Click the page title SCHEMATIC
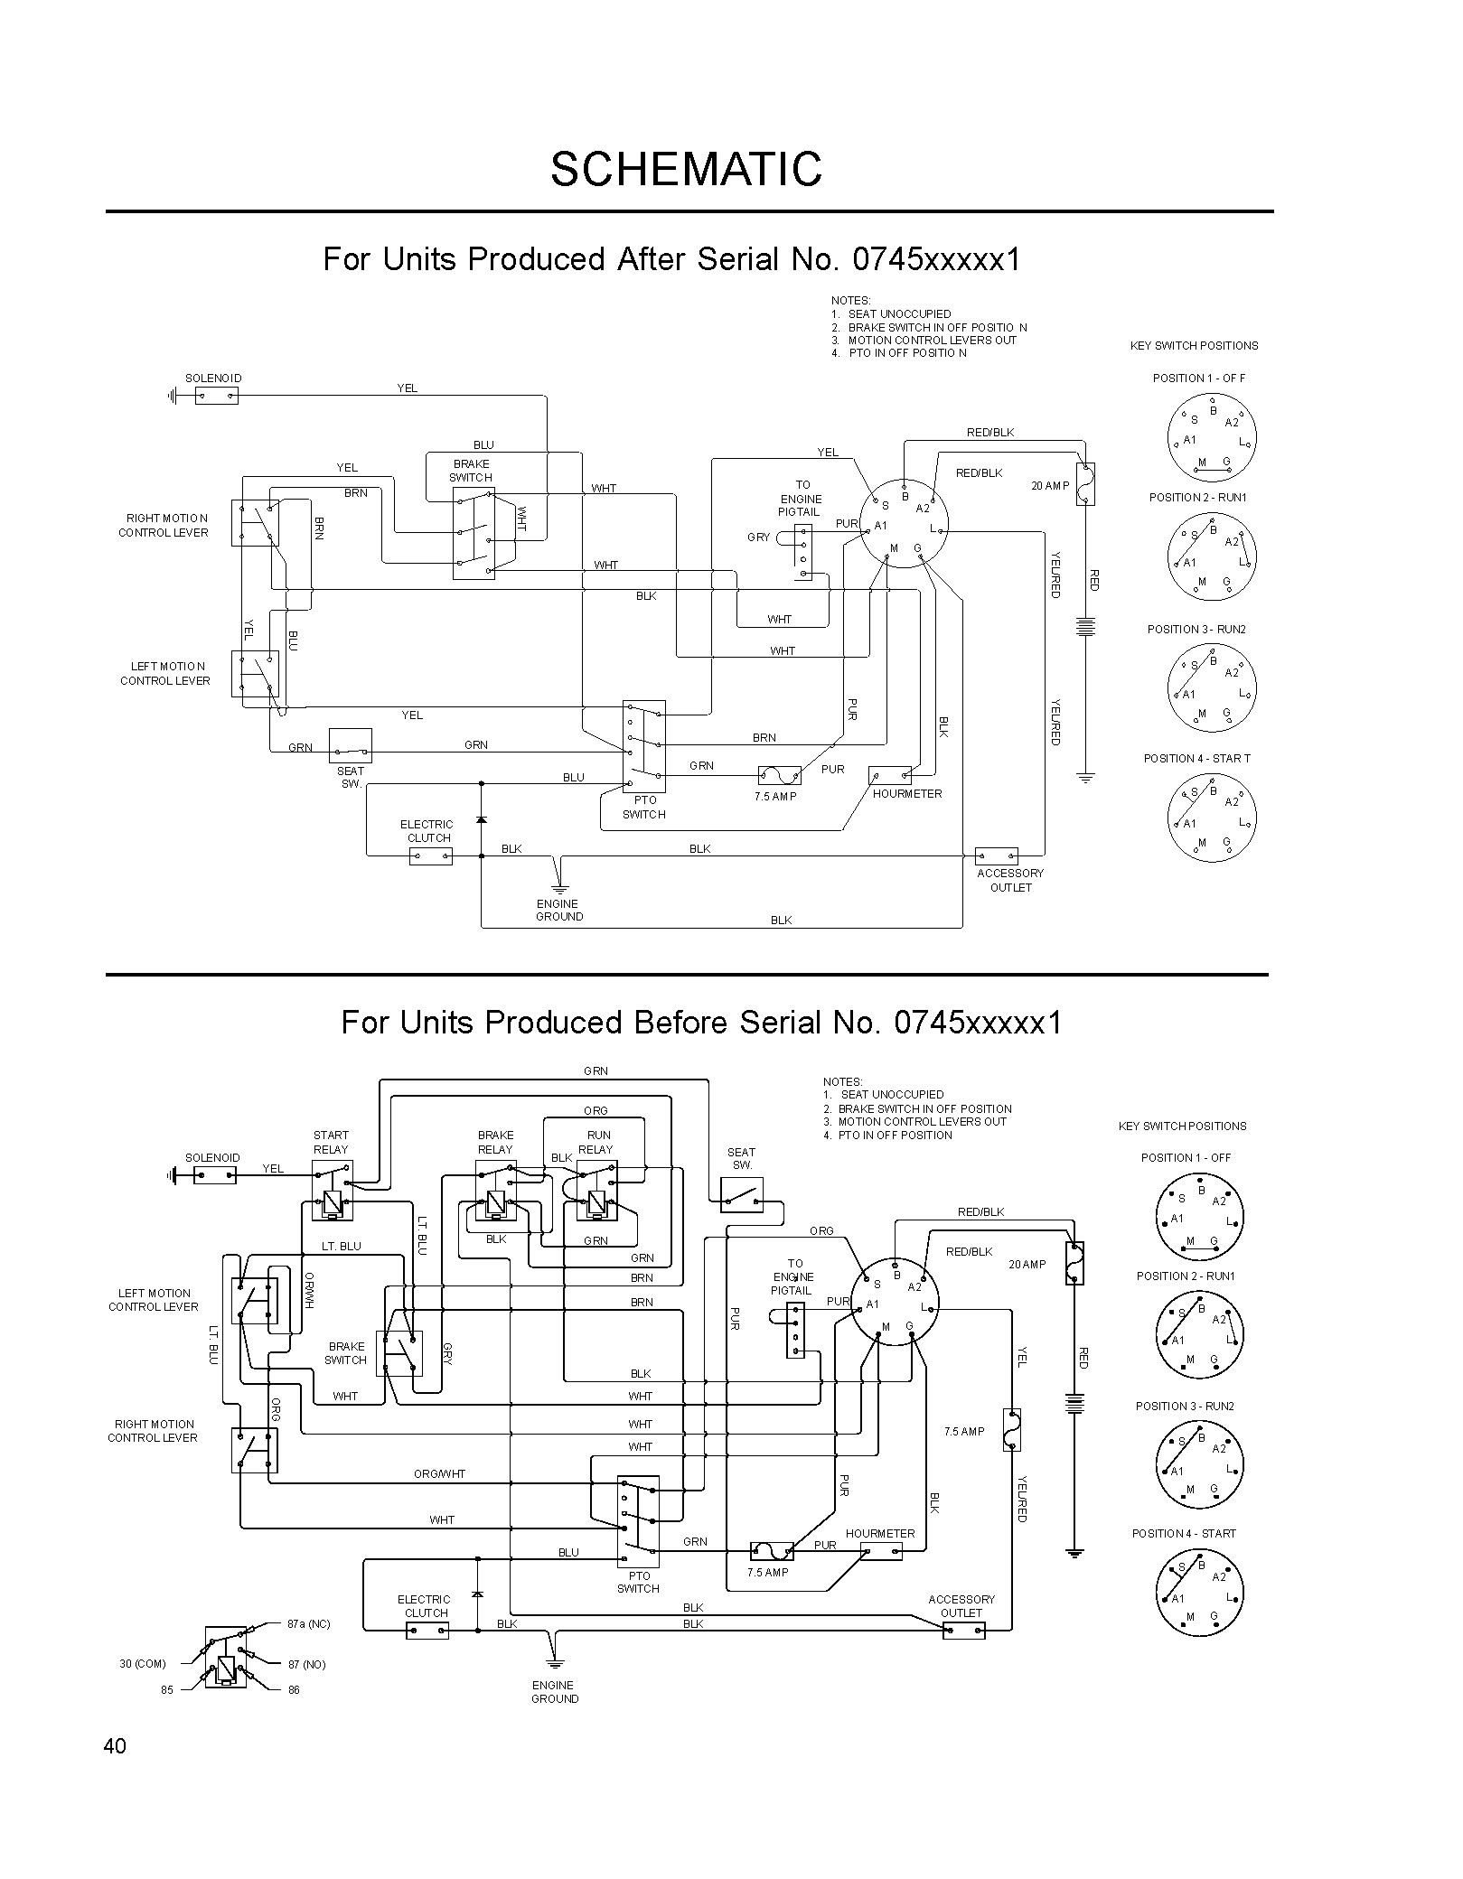click(x=687, y=169)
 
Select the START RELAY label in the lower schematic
click(x=331, y=1142)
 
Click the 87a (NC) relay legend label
click(x=309, y=1624)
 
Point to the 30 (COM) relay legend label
click(x=143, y=1664)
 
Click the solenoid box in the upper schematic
click(x=217, y=395)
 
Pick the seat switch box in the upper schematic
click(x=351, y=746)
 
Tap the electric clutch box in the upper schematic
click(x=431, y=856)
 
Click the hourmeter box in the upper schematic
click(x=890, y=775)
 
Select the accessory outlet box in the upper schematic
click(x=997, y=856)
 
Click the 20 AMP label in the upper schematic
click(x=1050, y=486)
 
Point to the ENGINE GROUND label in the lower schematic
click(x=554, y=1692)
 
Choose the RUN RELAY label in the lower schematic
click(x=596, y=1142)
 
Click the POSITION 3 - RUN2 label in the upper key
click(x=1196, y=630)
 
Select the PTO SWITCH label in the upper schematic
click(x=644, y=808)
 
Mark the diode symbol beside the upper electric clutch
click(x=481, y=819)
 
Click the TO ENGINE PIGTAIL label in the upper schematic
click(x=801, y=499)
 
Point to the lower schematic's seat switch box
click(x=742, y=1195)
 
